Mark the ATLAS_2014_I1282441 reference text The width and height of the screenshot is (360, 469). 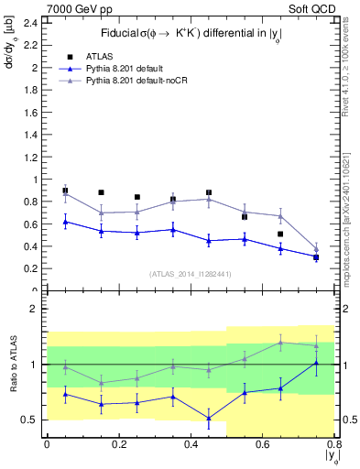(x=189, y=273)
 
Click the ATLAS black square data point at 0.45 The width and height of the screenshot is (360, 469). (x=209, y=193)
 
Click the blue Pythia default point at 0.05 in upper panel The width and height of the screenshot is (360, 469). (x=65, y=222)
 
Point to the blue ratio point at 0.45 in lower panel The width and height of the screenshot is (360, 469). (x=209, y=418)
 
